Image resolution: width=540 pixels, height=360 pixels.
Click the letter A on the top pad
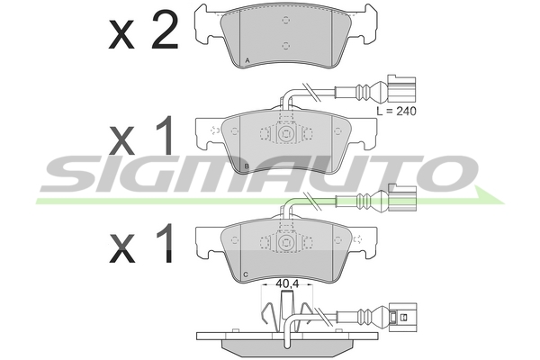point(247,60)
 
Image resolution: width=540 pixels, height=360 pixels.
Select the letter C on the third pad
point(246,274)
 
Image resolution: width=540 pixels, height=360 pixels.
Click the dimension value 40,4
point(287,283)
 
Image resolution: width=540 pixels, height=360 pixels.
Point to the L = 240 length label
point(396,112)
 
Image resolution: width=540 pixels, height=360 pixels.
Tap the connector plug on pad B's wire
point(401,88)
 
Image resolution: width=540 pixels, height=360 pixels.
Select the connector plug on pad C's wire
point(402,197)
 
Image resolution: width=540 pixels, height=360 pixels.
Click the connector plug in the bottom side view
point(402,318)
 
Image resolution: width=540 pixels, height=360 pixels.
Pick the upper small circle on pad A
point(285,20)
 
